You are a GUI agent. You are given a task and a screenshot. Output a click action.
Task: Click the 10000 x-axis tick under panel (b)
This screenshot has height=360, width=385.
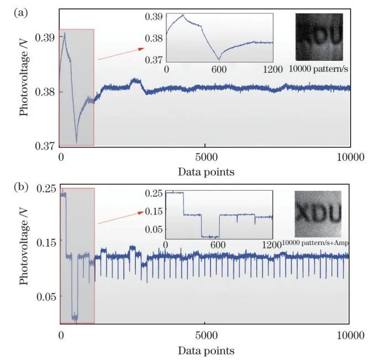pyautogui.click(x=350, y=335)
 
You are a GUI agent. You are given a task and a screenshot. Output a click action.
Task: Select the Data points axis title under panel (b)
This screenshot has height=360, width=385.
pyautogui.click(x=205, y=351)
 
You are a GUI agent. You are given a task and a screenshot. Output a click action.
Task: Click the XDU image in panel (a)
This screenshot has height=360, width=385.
pyautogui.click(x=319, y=36)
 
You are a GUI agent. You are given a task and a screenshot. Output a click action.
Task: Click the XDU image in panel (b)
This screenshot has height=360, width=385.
pyautogui.click(x=319, y=214)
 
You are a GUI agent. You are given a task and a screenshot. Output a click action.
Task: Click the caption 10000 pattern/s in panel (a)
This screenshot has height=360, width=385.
pyautogui.click(x=316, y=69)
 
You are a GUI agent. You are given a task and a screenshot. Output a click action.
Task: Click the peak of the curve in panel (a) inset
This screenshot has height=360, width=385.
pyautogui.click(x=183, y=15)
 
